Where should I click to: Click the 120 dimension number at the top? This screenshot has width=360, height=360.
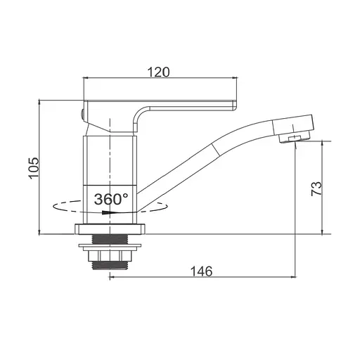(x=159, y=72)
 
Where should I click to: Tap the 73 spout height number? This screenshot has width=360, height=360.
(x=316, y=187)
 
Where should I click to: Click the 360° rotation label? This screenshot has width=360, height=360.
(x=111, y=199)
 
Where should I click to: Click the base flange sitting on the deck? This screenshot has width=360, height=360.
(x=111, y=229)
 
